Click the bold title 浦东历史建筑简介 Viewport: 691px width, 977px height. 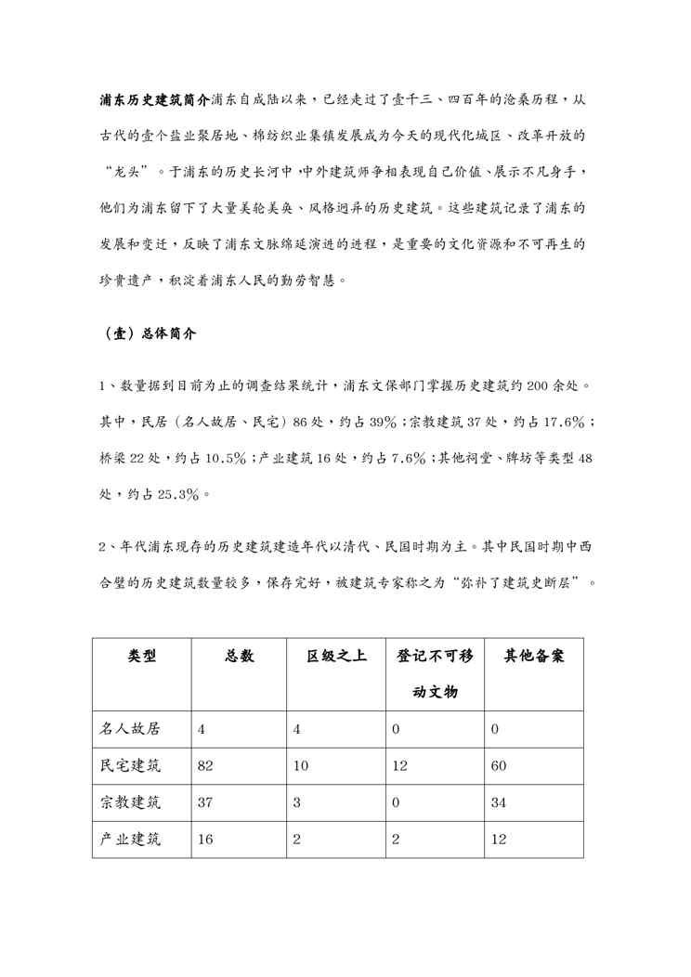155,99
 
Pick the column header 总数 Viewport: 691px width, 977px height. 239,657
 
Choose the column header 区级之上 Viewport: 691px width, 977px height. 336,657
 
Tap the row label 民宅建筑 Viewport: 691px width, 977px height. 130,766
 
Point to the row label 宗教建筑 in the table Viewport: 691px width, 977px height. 130,802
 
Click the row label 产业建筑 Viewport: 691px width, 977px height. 130,840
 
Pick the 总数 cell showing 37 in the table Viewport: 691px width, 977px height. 206,803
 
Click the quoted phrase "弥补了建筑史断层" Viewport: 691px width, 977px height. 516,582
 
